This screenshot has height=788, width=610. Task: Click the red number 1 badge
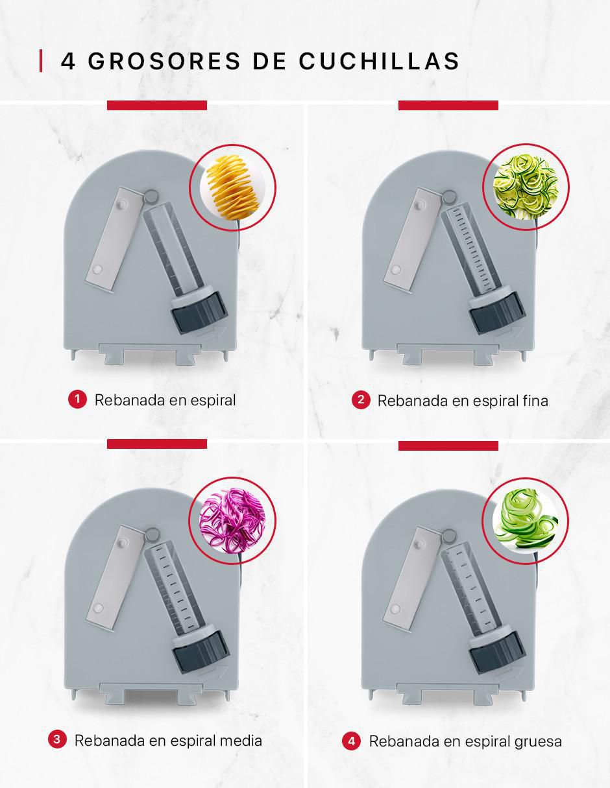click(77, 400)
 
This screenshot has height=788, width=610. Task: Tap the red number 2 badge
click(361, 400)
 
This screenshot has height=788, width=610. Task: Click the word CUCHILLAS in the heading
click(380, 60)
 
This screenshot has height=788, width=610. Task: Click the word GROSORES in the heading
click(164, 60)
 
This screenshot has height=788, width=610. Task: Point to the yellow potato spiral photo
click(232, 187)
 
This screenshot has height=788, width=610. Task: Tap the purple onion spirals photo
click(232, 520)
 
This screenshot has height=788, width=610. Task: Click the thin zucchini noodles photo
click(526, 187)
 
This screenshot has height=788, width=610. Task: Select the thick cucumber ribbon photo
click(525, 521)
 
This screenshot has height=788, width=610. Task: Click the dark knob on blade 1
click(199, 312)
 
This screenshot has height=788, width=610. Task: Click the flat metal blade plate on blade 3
click(116, 577)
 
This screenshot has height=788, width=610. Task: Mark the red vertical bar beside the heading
click(41, 60)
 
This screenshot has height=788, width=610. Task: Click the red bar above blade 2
click(448, 105)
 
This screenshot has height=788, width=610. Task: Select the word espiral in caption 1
click(213, 401)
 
